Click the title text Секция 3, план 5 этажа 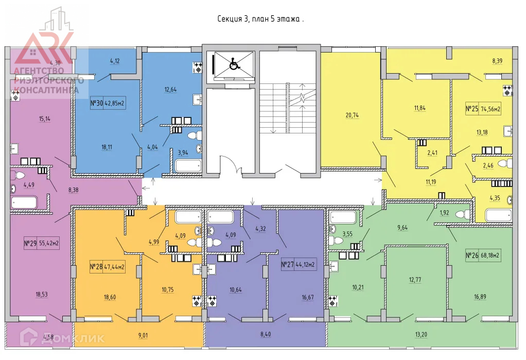(260, 19)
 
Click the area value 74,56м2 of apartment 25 (491, 109)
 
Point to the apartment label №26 (472, 255)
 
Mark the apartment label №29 (31, 244)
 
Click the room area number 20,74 (352, 115)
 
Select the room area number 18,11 (107, 147)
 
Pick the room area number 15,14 (45, 119)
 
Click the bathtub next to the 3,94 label (187, 166)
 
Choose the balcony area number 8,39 (497, 61)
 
